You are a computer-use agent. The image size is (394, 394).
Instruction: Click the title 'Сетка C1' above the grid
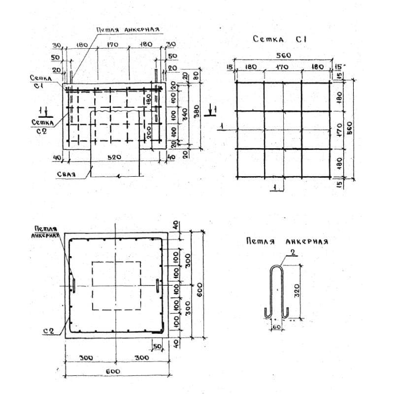click(x=279, y=39)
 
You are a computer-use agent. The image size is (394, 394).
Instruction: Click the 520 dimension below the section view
click(x=114, y=157)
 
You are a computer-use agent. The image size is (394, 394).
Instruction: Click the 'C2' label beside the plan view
click(x=48, y=331)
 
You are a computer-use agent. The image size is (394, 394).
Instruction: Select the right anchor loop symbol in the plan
click(x=157, y=286)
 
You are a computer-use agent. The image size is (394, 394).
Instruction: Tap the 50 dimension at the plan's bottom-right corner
click(x=158, y=347)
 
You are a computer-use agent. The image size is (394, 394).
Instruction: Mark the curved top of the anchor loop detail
click(x=276, y=267)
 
